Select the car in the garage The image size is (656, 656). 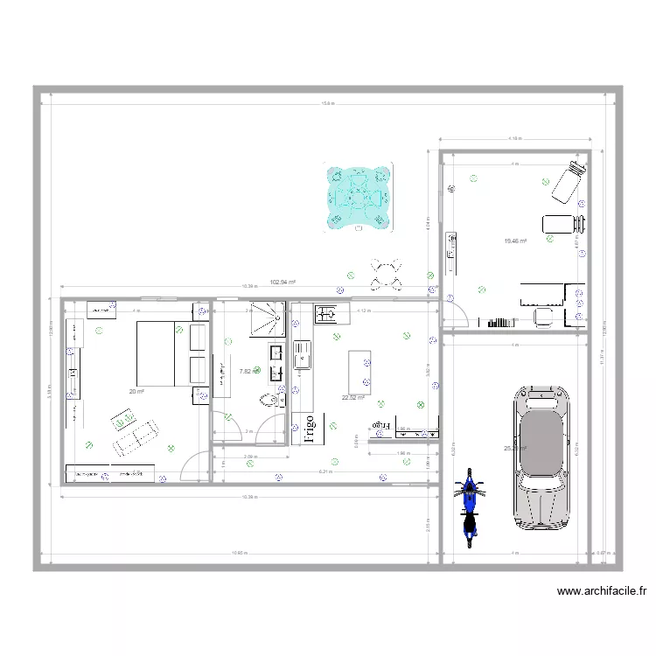[541, 458]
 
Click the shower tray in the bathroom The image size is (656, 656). [264, 319]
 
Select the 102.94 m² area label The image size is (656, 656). [283, 283]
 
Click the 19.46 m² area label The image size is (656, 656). [514, 241]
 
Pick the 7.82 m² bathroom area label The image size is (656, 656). [245, 371]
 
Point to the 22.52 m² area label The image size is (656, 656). [353, 397]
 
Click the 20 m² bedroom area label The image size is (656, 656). [136, 391]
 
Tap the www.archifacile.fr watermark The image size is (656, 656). [602, 591]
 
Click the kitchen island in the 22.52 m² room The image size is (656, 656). [359, 372]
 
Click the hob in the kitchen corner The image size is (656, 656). [328, 312]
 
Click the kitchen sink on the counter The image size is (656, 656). [304, 353]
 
